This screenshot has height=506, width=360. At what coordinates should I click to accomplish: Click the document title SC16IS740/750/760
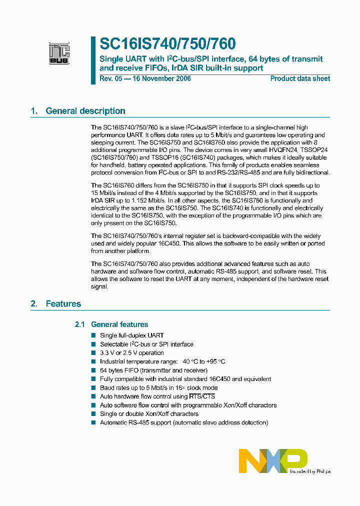[167, 44]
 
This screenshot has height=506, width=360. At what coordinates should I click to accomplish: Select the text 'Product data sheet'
[300, 78]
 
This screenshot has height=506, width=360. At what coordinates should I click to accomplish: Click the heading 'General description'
[85, 111]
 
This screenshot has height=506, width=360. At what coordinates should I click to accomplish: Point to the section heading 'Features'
[63, 303]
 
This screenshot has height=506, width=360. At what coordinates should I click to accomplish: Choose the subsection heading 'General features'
[119, 324]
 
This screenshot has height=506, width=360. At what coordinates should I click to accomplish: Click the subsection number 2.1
[80, 324]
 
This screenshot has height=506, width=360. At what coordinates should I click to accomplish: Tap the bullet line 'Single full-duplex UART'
[132, 335]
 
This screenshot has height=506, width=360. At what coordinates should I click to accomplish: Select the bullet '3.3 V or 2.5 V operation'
[132, 353]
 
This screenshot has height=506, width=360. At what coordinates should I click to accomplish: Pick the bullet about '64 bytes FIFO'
[153, 370]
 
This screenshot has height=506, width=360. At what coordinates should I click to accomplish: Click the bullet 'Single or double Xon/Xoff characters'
[149, 414]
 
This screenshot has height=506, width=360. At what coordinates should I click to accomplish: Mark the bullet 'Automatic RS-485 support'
[184, 422]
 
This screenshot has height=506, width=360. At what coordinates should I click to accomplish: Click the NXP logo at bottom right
[273, 460]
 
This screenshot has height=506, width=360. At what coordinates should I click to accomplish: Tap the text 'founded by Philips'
[310, 471]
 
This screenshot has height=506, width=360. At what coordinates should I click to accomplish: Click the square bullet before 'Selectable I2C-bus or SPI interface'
[93, 344]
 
